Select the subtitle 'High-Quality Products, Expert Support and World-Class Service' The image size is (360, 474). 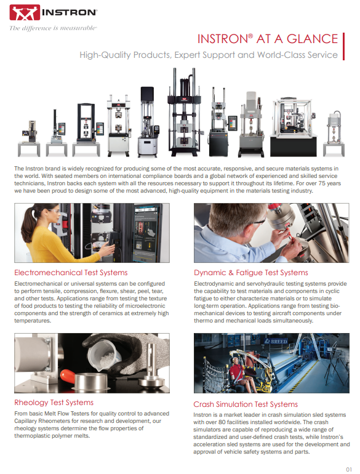tap(209, 55)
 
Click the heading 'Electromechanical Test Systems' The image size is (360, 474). tap(71, 272)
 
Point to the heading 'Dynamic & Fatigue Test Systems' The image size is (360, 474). tap(251, 272)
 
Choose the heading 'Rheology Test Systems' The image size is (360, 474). tap(54, 403)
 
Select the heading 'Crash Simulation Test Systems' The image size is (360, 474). tap(246, 404)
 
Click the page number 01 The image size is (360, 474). tap(348, 467)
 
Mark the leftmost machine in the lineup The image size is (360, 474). tap(33, 135)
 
